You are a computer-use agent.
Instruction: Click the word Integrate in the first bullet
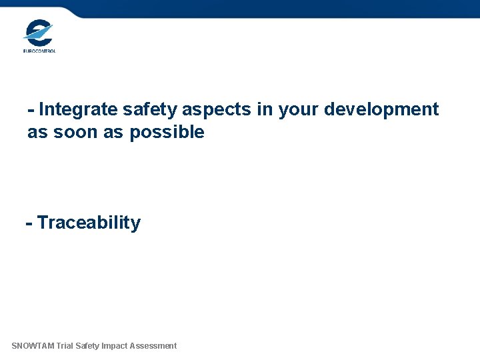81,109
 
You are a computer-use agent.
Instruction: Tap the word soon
72,132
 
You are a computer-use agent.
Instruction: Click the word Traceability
89,223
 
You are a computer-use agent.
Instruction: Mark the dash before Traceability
29,223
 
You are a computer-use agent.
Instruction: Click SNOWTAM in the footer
33,346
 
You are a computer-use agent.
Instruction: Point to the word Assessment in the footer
154,346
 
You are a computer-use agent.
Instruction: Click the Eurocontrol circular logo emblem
38,32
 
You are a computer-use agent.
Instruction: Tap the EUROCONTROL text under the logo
39,50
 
